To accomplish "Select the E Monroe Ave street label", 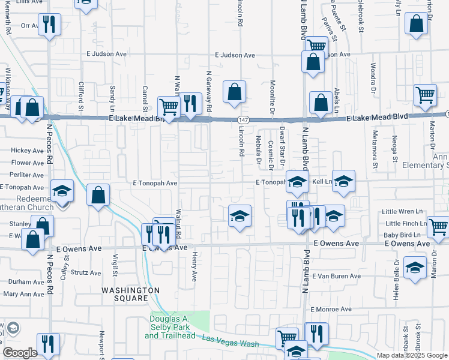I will point(331,309).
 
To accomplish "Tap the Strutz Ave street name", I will point(86,272).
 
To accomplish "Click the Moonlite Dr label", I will point(273,97).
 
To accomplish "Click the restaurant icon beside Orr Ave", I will point(48,25).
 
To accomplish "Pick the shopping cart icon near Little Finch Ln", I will point(439,226).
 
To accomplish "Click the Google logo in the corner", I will point(20,352).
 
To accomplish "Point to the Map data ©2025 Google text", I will point(411,355).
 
